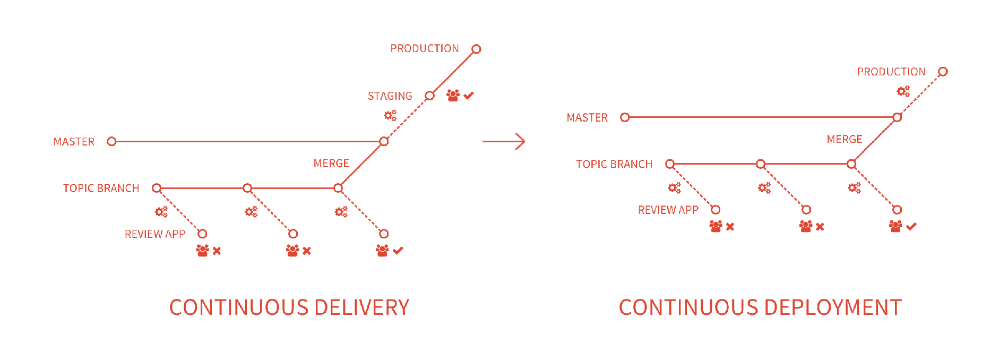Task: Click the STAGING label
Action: tap(390, 96)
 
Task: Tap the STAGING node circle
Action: tap(429, 96)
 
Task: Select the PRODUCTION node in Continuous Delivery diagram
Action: tap(476, 49)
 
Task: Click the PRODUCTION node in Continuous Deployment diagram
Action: tap(943, 72)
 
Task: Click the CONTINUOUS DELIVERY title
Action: tap(289, 307)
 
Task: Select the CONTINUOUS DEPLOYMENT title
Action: tap(760, 307)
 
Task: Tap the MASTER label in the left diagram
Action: tap(74, 142)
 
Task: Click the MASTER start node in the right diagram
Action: tap(625, 117)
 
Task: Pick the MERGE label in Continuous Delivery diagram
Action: tap(331, 164)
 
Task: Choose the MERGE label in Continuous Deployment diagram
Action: tap(845, 139)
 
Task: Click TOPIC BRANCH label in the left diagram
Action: tap(101, 188)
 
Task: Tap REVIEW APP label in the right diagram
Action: tap(668, 210)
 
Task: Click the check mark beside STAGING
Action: tap(469, 96)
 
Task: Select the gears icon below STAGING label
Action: tap(390, 115)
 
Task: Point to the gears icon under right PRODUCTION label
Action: tap(903, 91)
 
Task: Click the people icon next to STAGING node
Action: tap(453, 96)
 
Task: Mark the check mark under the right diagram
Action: tap(911, 227)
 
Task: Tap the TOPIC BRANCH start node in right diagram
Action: tap(670, 164)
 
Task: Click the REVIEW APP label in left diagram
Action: tap(154, 234)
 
